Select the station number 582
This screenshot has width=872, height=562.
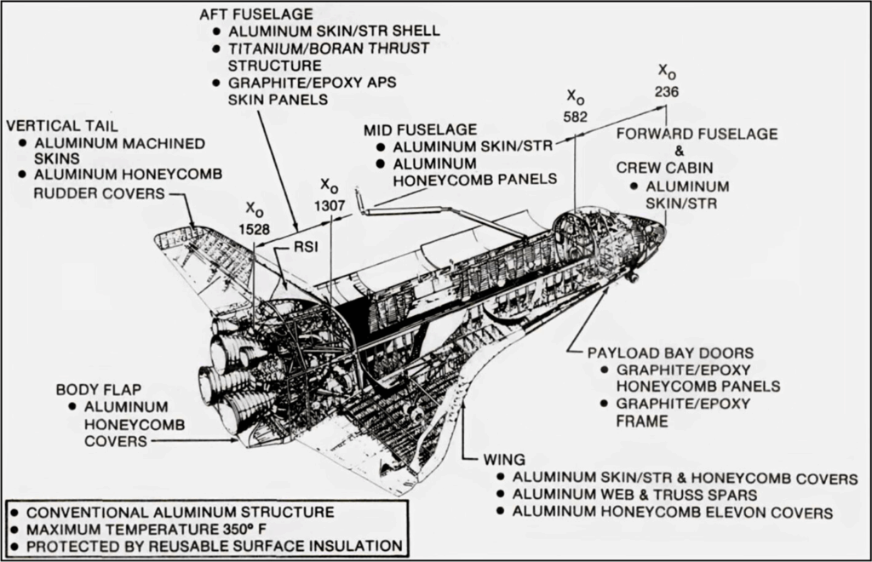[x=576, y=116]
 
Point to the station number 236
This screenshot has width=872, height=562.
[x=667, y=91]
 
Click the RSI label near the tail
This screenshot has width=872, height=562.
[x=304, y=247]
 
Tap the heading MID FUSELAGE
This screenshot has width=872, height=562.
[x=420, y=129]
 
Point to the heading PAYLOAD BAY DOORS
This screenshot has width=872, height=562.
[x=670, y=353]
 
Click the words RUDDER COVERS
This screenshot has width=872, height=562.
[x=99, y=193]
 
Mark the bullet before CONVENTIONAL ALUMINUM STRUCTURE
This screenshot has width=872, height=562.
[x=16, y=513]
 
